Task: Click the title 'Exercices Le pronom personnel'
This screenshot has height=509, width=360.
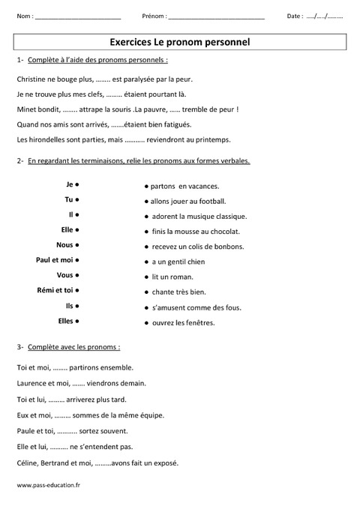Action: (179, 43)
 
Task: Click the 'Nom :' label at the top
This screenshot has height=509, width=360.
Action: (24, 16)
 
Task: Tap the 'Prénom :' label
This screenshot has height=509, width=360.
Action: (154, 16)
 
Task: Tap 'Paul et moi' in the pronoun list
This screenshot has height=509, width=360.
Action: (55, 260)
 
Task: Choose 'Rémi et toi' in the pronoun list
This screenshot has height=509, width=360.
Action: (55, 290)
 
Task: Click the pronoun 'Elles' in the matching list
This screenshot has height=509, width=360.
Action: (64, 321)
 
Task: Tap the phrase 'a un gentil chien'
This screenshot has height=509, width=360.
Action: (178, 262)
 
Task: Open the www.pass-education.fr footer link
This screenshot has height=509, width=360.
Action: (48, 485)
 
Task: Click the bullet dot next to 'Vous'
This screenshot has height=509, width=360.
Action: (78, 275)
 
